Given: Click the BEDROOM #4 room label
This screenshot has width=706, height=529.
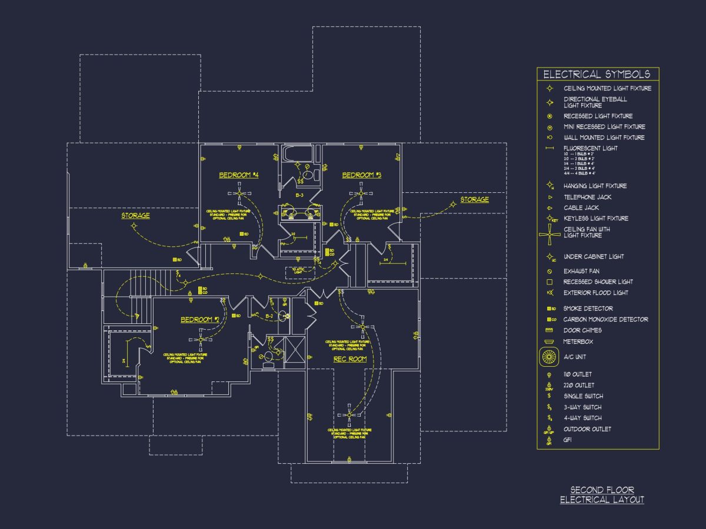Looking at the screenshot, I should (239, 175).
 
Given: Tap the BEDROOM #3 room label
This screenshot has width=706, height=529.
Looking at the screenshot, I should (362, 175).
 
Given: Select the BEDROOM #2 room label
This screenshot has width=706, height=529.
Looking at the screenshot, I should (200, 320).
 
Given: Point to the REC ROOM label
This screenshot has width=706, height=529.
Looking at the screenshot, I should (350, 359).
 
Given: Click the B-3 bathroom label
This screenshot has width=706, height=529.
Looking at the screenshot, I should (299, 195).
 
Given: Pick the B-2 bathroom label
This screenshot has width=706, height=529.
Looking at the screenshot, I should (269, 316).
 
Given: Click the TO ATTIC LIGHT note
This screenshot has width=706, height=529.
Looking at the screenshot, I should (298, 270).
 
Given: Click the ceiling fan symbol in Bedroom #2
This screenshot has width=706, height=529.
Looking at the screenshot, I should (201, 339).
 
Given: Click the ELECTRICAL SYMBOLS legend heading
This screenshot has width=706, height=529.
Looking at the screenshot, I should (597, 75).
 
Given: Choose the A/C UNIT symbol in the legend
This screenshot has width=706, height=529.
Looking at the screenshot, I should (548, 356).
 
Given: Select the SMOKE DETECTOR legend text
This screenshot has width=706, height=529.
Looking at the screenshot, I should (588, 309).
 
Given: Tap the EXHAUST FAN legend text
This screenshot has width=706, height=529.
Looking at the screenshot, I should (581, 271).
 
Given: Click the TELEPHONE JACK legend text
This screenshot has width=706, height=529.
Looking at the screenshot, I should (587, 197).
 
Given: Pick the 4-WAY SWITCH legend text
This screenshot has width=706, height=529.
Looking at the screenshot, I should (582, 418).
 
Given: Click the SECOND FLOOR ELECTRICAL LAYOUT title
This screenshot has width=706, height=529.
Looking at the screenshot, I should (602, 495).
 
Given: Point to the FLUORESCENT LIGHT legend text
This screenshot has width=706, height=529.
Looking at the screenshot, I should (590, 148).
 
